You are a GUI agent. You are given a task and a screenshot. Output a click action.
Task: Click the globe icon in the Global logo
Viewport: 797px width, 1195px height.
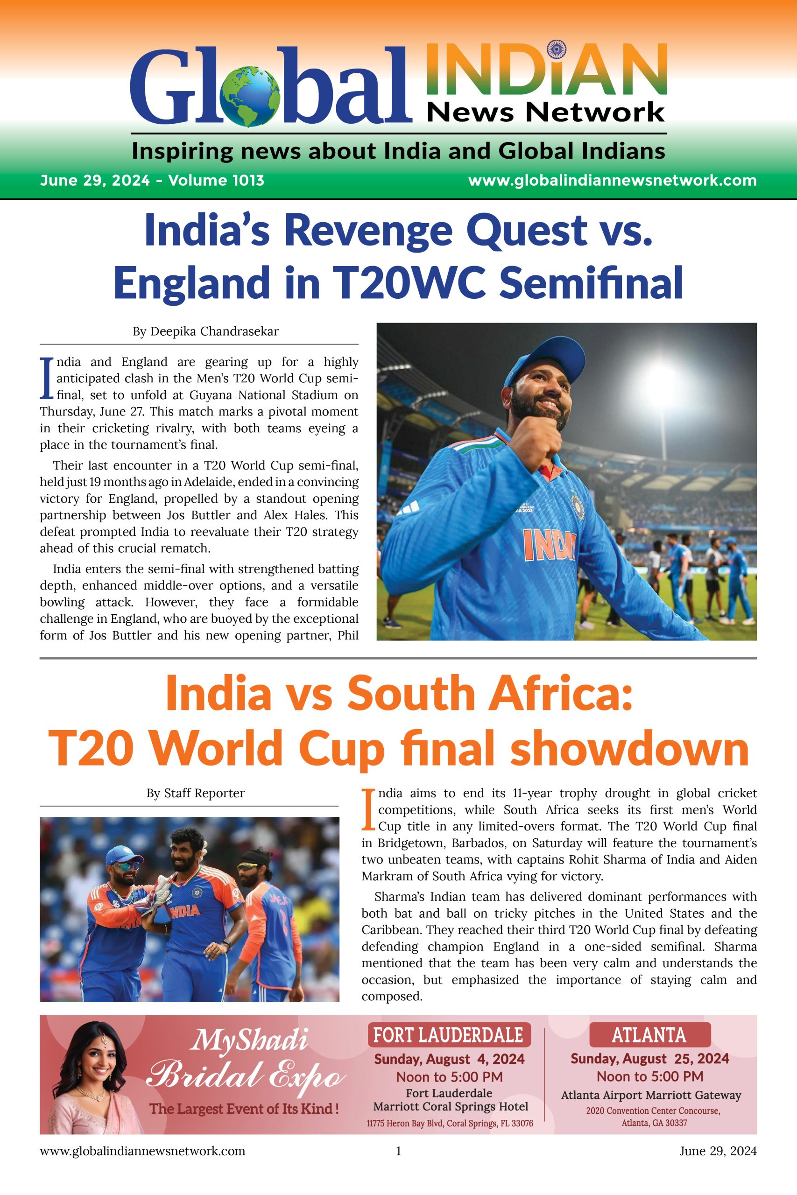click(251, 96)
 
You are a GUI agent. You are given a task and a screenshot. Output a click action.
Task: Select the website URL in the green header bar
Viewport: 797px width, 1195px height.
click(612, 180)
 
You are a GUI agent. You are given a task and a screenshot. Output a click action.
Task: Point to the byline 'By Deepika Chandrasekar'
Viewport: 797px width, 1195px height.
click(205, 332)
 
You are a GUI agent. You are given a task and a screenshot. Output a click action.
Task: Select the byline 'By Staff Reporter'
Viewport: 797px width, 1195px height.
click(195, 793)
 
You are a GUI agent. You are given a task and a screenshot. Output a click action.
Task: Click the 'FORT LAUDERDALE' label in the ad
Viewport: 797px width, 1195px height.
click(448, 1035)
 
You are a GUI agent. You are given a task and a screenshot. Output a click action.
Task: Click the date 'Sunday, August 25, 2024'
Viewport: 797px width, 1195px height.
click(649, 1059)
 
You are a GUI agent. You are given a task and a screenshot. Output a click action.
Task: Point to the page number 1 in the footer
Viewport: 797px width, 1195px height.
click(399, 1165)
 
